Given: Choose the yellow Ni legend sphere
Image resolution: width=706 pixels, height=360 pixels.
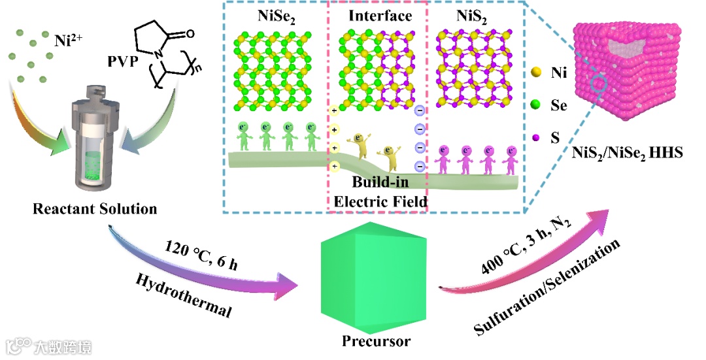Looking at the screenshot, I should click(537, 73).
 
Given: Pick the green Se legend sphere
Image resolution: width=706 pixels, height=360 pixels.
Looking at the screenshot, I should click(537, 104).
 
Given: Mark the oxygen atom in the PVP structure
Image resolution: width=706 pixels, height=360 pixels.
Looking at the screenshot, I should click(190, 32).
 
